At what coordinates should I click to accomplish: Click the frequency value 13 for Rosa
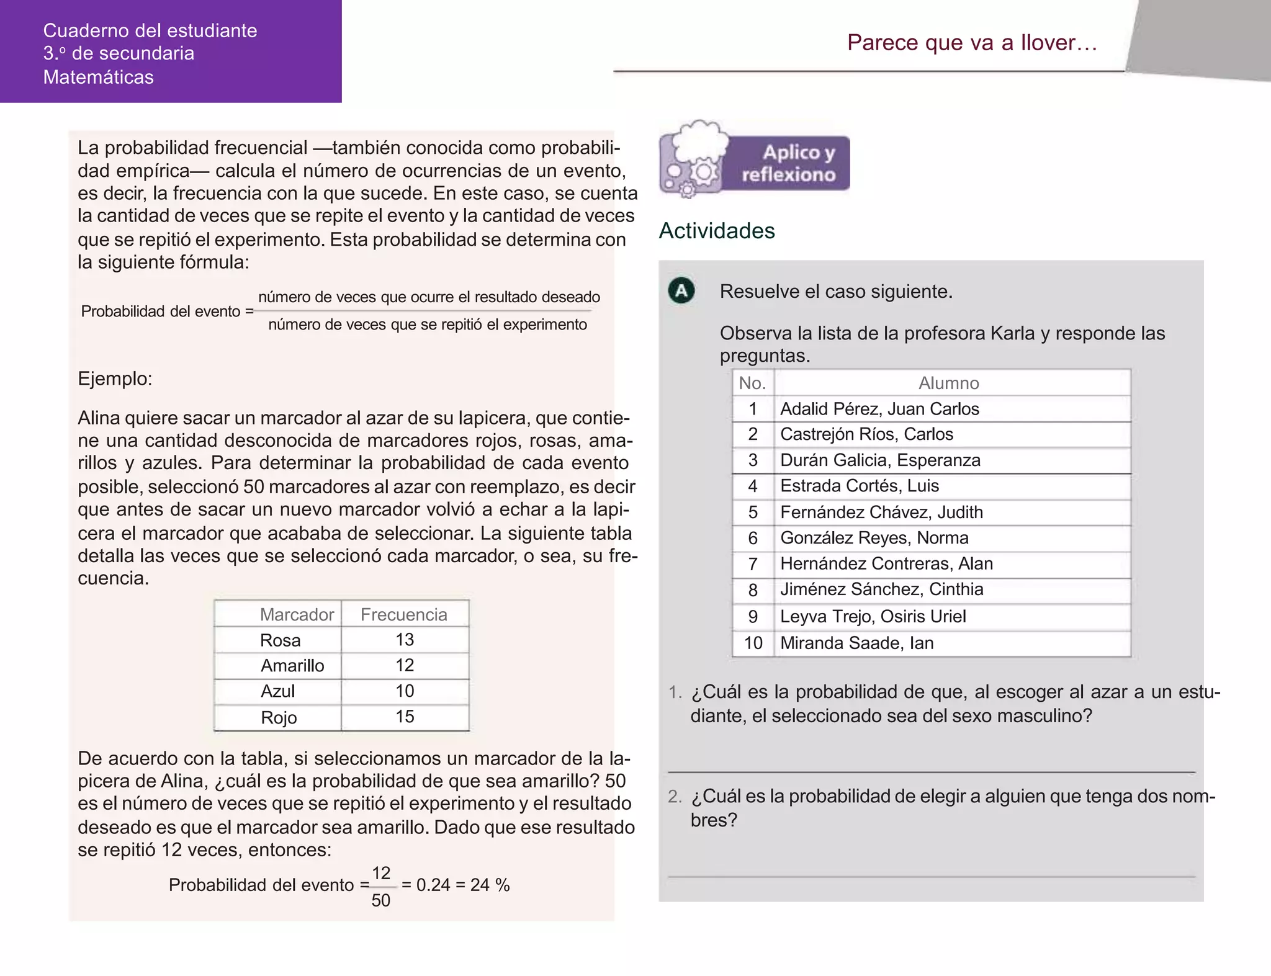pos(405,640)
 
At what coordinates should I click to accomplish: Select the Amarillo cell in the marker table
pos(292,666)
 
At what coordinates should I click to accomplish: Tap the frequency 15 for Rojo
pos(405,717)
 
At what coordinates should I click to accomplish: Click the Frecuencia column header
pos(404,614)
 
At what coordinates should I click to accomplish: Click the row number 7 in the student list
pos(753,564)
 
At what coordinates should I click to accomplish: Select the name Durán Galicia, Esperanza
pos(880,460)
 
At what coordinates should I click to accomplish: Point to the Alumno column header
pos(948,383)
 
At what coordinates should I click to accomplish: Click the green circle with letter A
pos(681,290)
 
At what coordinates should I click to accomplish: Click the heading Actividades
pos(717,230)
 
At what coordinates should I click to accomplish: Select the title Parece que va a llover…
pos(972,42)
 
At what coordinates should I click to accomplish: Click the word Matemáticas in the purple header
pos(99,77)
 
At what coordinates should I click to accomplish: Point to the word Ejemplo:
pos(115,378)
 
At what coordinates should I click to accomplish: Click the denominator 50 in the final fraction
pos(380,900)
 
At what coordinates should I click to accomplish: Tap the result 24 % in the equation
pos(490,885)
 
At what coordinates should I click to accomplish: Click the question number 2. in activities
pos(675,796)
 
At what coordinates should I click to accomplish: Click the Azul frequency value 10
pos(405,691)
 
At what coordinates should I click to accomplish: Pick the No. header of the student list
pos(752,383)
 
